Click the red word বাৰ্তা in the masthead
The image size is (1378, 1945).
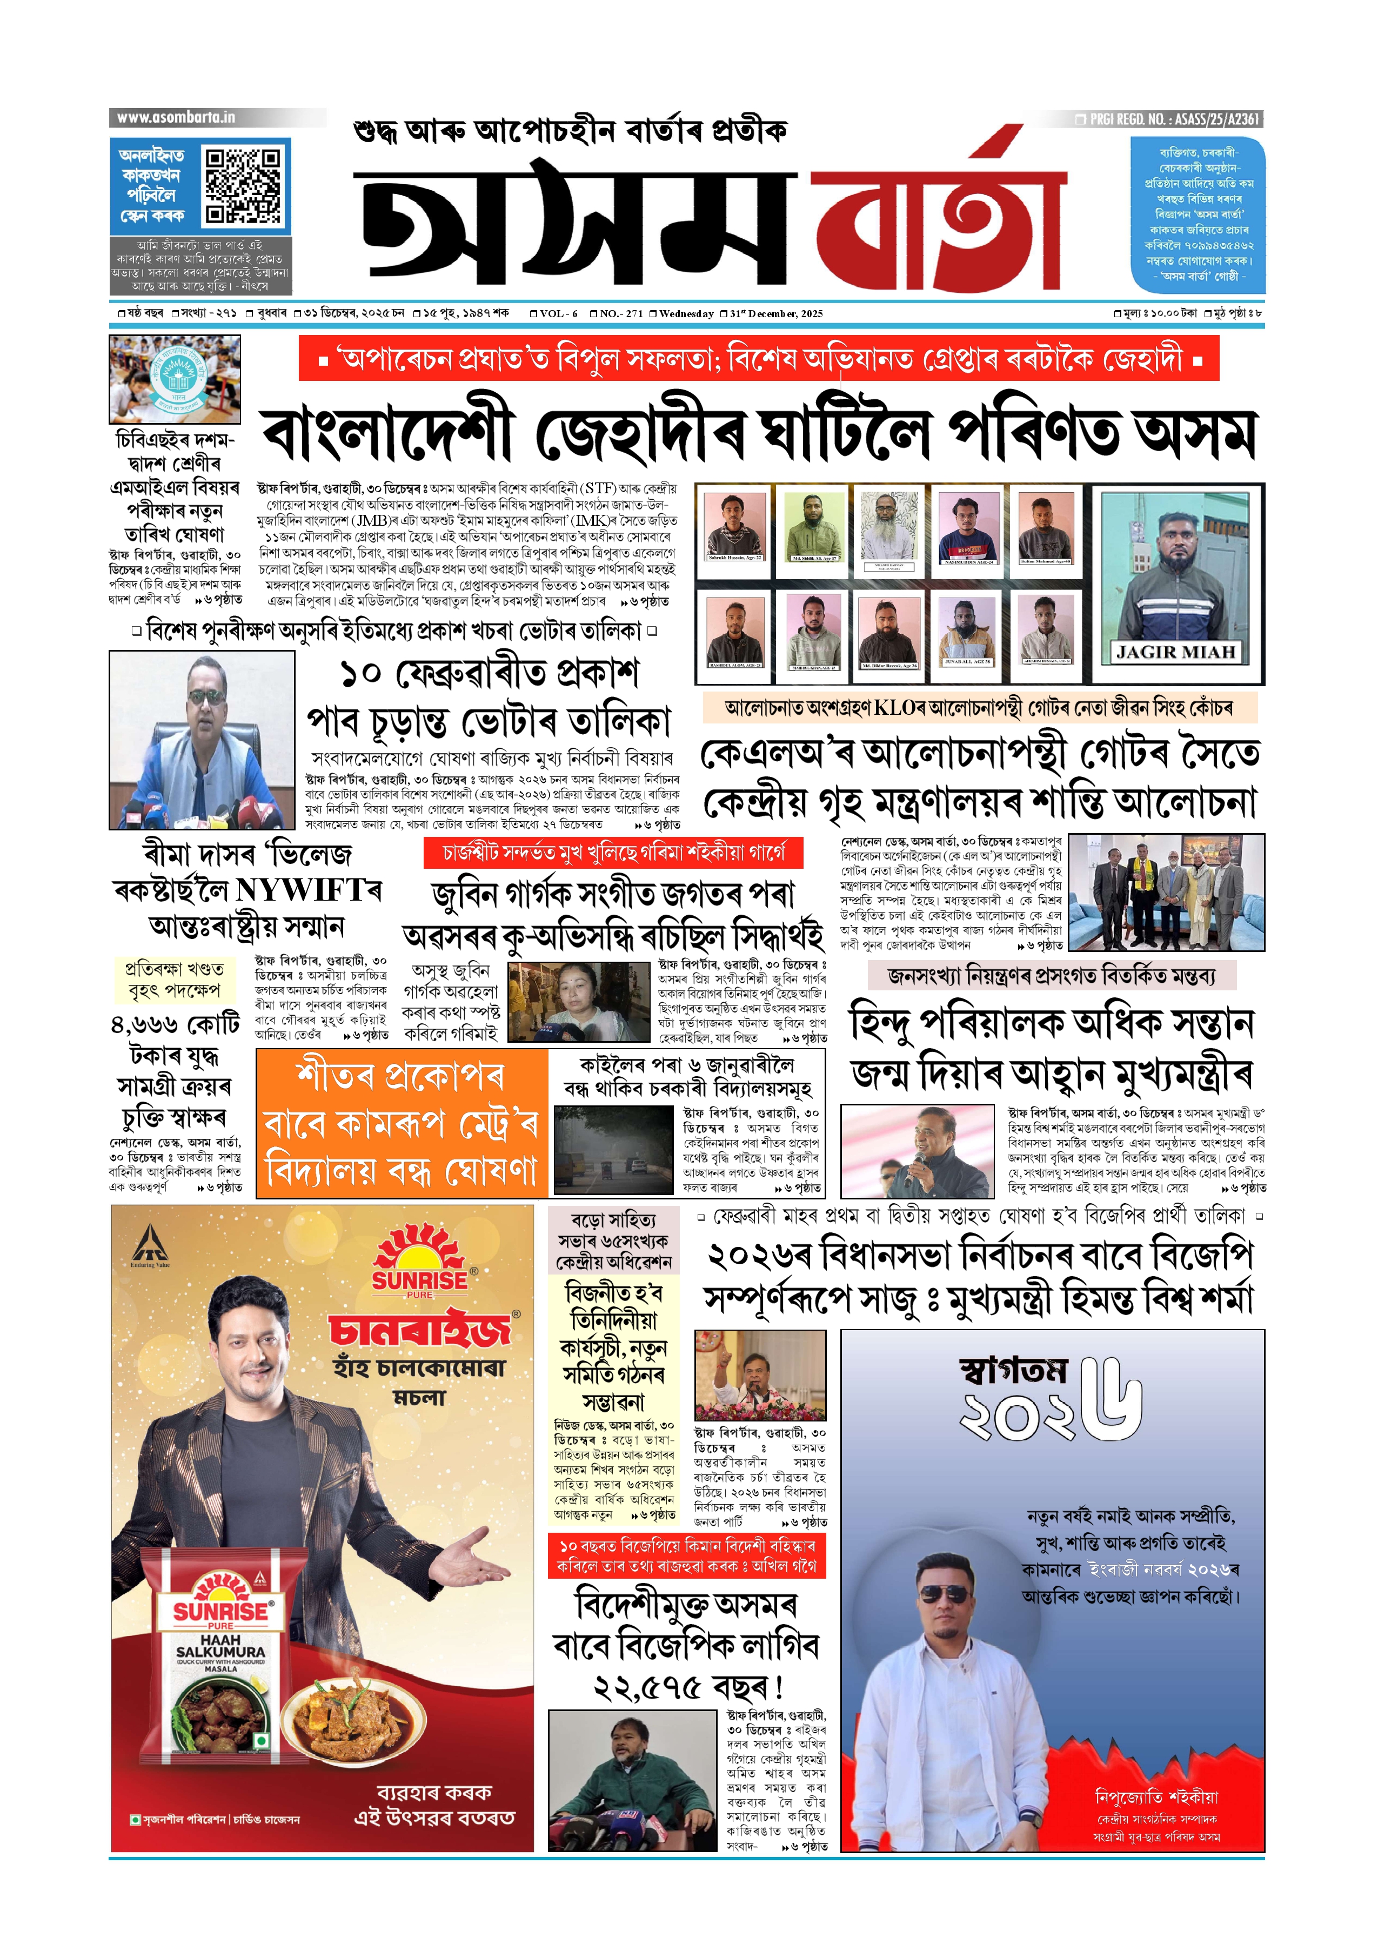click(938, 222)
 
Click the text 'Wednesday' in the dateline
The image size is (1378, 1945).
click(686, 314)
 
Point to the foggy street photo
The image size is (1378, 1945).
click(613, 1150)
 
